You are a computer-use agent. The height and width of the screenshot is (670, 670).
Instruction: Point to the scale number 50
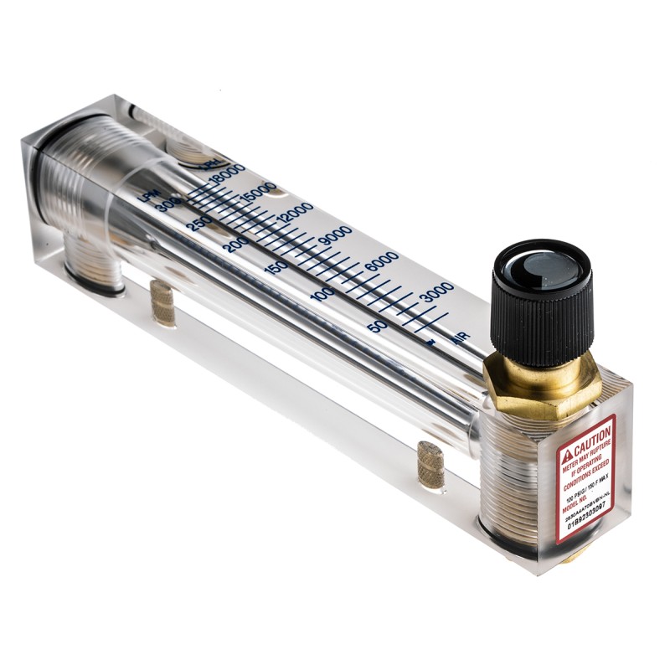[377, 326]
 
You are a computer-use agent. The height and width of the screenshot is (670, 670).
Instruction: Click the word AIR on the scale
[459, 338]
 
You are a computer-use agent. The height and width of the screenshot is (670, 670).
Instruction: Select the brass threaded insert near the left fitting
[162, 302]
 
